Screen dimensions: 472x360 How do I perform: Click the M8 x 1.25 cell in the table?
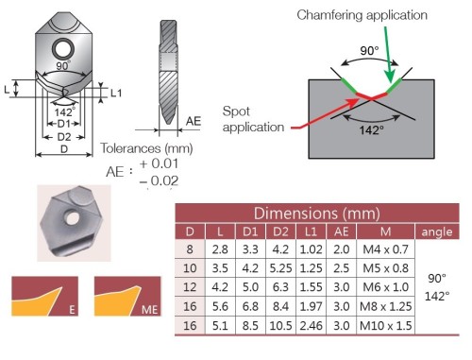386,306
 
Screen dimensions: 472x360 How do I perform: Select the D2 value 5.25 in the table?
280,268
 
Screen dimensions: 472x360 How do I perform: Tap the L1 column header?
311,231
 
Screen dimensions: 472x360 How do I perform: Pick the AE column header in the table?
342,231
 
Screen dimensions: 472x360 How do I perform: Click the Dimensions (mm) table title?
317,214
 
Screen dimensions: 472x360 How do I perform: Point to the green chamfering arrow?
388,55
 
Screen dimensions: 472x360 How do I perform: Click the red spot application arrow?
325,113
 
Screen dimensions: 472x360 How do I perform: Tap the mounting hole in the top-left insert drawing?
63,49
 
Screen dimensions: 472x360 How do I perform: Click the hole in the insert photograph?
72,217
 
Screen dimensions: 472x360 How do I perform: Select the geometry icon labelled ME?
127,296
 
